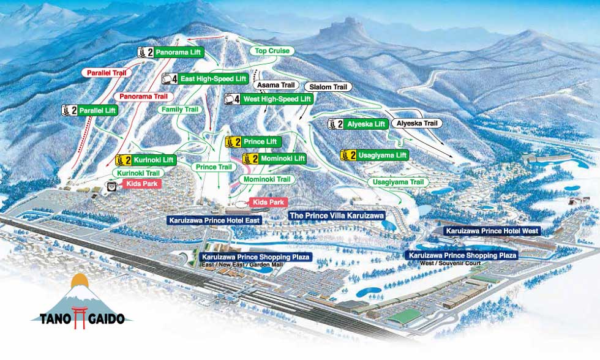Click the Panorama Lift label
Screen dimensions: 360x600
point(178,53)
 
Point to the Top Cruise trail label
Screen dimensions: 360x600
point(272,51)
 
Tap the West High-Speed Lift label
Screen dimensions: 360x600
point(277,99)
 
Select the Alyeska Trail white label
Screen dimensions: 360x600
point(418,123)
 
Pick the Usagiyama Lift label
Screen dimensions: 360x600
point(382,156)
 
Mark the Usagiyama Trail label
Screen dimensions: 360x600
point(400,182)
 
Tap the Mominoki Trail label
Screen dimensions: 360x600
point(267,179)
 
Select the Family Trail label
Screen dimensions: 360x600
point(180,109)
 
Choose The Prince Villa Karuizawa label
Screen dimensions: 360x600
point(336,216)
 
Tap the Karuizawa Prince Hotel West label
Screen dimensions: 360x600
point(492,231)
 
